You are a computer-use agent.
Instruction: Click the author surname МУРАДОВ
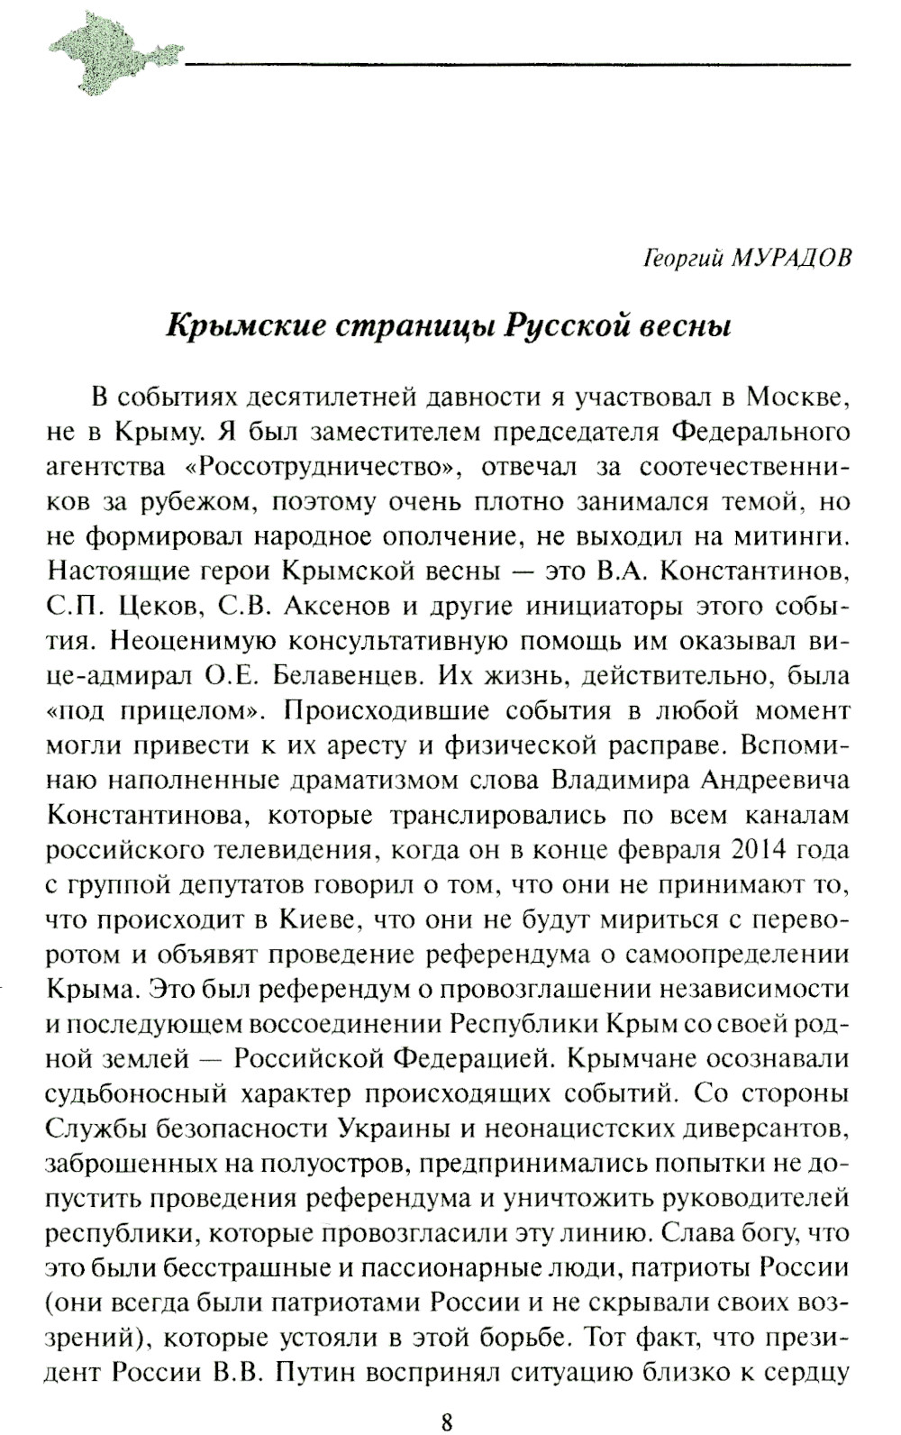[794, 259]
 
